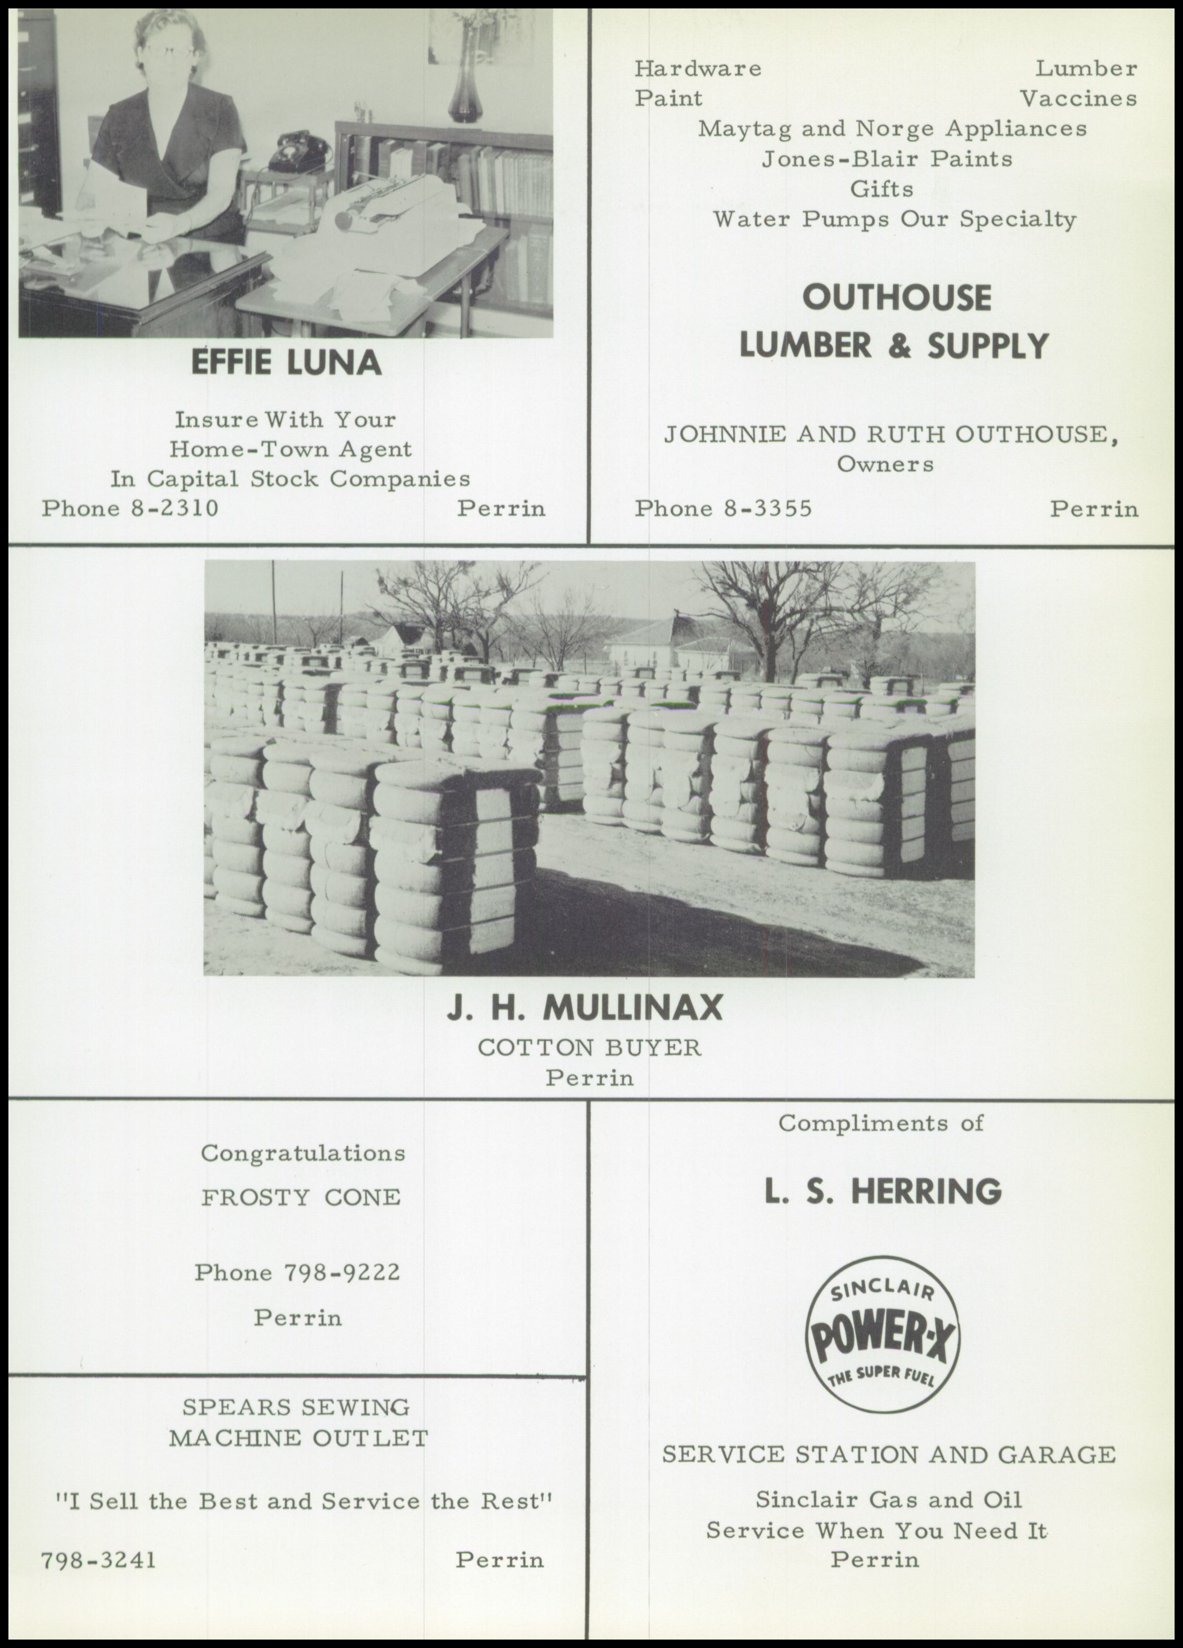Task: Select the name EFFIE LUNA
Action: [286, 362]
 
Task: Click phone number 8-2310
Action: [174, 508]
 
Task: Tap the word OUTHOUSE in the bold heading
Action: [896, 298]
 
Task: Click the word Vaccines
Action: [1078, 98]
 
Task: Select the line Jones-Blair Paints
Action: [886, 159]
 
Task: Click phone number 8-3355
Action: [768, 508]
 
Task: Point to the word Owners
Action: [885, 464]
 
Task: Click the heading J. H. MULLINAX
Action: [585, 1008]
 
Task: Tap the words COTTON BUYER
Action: [589, 1048]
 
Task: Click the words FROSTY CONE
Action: [301, 1197]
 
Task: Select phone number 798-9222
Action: [341, 1272]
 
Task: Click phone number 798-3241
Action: [98, 1560]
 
